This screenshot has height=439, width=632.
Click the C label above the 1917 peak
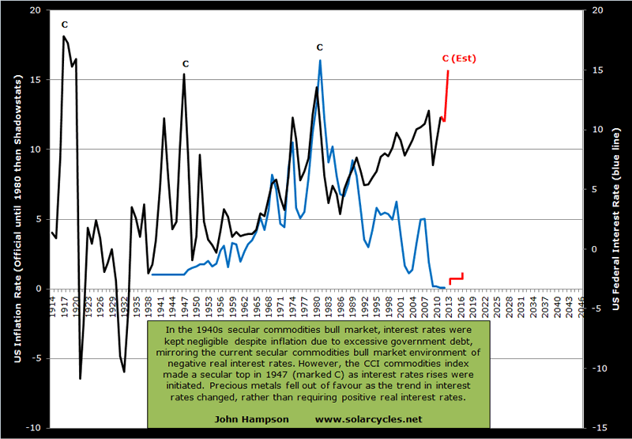[64, 25]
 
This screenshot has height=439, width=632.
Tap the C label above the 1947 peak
[185, 63]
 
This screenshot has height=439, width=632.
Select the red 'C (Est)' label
[459, 59]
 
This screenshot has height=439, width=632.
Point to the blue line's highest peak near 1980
[320, 60]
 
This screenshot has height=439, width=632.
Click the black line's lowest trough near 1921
[80, 378]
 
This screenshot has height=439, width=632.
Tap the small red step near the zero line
[456, 278]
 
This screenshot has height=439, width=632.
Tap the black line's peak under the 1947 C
[184, 74]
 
